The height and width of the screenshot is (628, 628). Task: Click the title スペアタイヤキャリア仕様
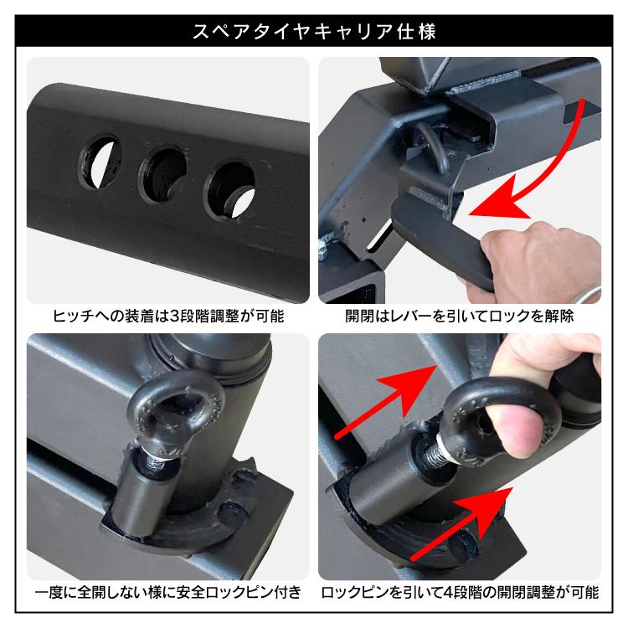tap(313, 33)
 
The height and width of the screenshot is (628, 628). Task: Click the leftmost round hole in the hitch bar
tap(97, 158)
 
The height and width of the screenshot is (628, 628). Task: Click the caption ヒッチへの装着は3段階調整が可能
tap(168, 318)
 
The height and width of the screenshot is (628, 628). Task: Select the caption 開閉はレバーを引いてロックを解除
tap(460, 318)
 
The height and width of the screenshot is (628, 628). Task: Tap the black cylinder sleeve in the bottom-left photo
tap(142, 502)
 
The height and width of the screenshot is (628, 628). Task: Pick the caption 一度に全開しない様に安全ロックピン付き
tap(168, 593)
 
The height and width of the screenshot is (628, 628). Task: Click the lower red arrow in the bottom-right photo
tap(461, 523)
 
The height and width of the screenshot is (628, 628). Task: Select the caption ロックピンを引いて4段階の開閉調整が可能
tap(460, 593)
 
